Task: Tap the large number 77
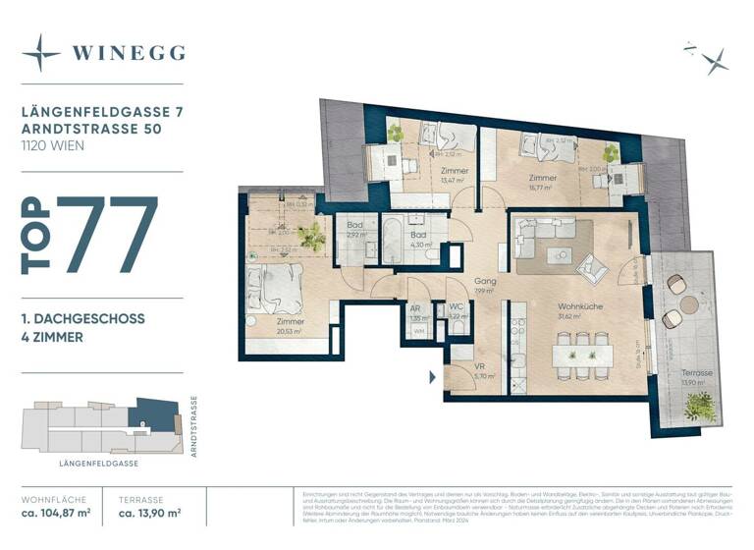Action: [x=107, y=236]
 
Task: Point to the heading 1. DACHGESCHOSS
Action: [x=83, y=319]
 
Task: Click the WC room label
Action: [x=456, y=307]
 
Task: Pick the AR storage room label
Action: [x=415, y=308]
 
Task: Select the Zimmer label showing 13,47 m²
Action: [x=453, y=172]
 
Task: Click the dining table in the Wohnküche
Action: [x=582, y=354]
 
